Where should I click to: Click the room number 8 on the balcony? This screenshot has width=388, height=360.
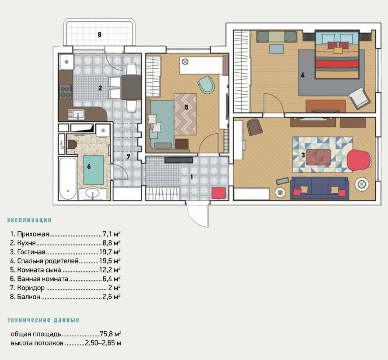(x=99, y=35)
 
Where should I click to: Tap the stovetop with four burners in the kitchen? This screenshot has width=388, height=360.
(x=66, y=91)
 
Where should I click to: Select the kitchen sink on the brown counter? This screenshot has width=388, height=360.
(x=76, y=114)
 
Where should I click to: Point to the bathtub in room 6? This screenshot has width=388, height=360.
(x=68, y=179)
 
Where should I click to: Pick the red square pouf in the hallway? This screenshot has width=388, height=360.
(x=219, y=193)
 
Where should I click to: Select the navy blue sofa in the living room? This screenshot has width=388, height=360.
(x=320, y=188)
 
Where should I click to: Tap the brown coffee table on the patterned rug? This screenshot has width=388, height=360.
(x=318, y=157)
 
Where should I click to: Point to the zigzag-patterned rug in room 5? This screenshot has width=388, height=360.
(x=185, y=114)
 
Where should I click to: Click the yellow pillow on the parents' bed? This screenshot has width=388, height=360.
(x=337, y=50)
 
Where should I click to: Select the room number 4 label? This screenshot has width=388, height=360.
(x=303, y=75)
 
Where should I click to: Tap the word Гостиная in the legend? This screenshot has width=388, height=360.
(x=31, y=252)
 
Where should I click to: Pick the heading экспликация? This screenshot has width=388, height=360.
(x=29, y=220)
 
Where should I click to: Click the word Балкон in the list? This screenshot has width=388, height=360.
(x=28, y=297)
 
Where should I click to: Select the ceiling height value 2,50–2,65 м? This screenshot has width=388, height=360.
(x=103, y=343)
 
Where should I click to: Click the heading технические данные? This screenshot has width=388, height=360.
(x=44, y=320)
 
